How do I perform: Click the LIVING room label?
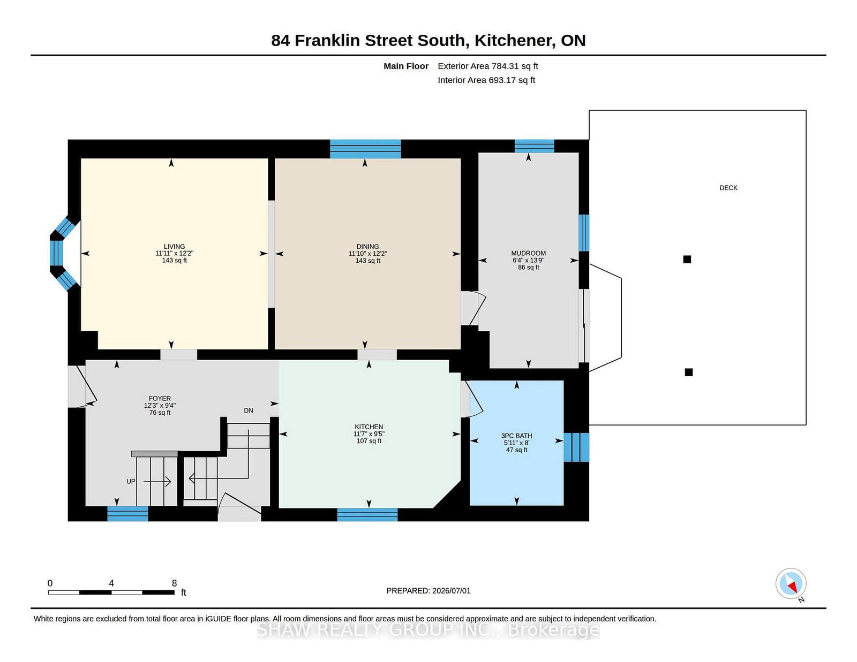[174, 247]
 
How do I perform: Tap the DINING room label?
[367, 247]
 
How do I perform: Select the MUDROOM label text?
[529, 253]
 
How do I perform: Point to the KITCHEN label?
[369, 427]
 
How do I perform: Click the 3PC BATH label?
[517, 436]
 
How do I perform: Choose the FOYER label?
[160, 398]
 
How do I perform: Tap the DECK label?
[728, 188]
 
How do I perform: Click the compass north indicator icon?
[791, 583]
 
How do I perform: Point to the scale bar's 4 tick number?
[111, 583]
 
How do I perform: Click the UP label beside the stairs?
[131, 482]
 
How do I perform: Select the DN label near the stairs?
[249, 410]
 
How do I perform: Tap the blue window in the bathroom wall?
[576, 447]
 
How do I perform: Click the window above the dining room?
[365, 149]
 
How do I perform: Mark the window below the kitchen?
[367, 515]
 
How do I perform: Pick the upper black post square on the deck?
[687, 259]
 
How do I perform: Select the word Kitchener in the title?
[513, 41]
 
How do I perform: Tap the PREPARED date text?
[428, 591]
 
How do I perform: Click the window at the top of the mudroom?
[535, 146]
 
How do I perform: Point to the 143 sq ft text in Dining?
[367, 261]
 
